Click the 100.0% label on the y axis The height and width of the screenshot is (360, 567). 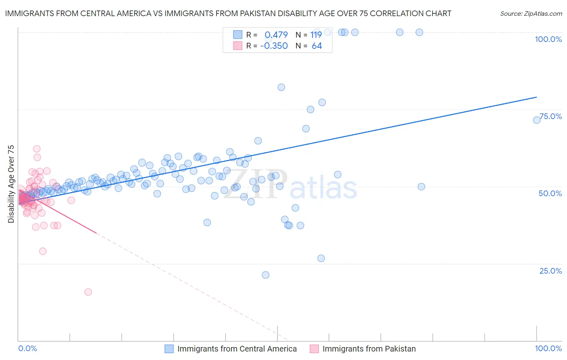click(548, 39)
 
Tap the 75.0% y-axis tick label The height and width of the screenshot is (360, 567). click(550, 116)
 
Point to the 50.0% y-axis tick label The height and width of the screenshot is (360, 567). click(550, 193)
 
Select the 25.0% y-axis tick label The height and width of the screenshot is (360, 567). click(550, 270)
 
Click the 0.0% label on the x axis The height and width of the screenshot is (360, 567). click(27, 348)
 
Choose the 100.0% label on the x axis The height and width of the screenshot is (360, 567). click(548, 348)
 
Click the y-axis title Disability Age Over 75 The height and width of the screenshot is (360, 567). click(11, 184)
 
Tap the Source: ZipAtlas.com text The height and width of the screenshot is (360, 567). click(531, 13)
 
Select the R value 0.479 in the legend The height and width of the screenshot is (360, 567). click(276, 35)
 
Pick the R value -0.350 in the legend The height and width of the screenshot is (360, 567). click(274, 46)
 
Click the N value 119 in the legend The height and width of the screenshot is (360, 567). click(316, 35)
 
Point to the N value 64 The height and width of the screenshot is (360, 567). click(317, 46)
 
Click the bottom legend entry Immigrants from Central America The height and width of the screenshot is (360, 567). click(237, 349)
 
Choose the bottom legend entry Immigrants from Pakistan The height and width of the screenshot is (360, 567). click(369, 349)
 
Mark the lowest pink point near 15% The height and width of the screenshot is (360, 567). click(88, 292)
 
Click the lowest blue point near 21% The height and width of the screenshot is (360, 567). click(265, 275)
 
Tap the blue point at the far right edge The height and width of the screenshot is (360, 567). click(537, 120)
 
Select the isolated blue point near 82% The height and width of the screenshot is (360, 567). click(281, 87)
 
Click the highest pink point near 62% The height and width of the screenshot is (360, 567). click(37, 149)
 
